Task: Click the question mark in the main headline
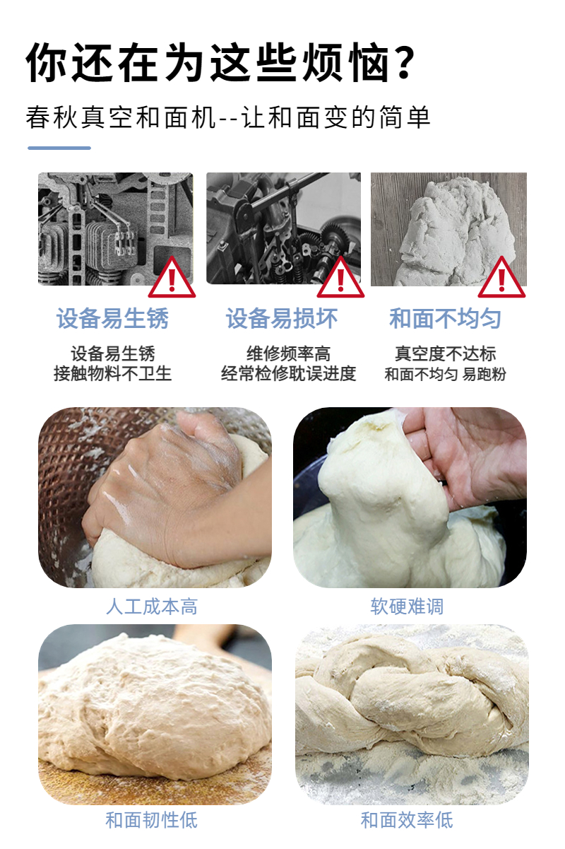pos(405,62)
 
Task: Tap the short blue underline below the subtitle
pos(59,148)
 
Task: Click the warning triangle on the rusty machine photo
pos(172,277)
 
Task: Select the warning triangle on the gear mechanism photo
pos(340,277)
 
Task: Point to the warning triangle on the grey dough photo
pos(501,277)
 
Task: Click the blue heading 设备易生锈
pos(112,318)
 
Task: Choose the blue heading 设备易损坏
pos(282,318)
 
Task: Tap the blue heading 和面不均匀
pos(446,318)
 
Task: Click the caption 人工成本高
pos(151,607)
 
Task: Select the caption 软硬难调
pos(407,607)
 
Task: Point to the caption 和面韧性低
pos(151,821)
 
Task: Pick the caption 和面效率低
pos(407,821)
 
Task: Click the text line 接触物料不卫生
pos(113,374)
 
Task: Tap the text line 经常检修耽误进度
pos(289,374)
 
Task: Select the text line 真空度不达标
pos(446,353)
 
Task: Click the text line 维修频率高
pos(289,353)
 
